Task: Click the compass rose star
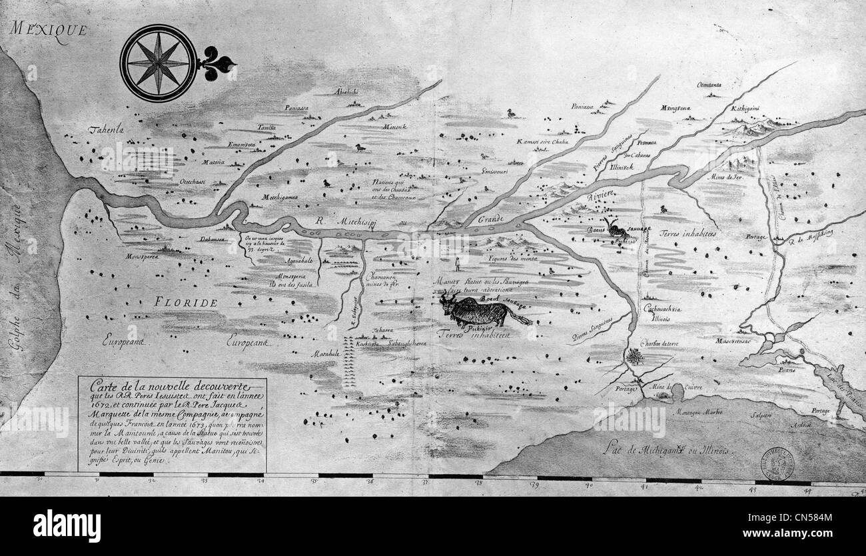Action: tap(158, 63)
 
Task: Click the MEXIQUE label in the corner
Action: tap(49, 30)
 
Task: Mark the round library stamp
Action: tap(777, 464)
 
